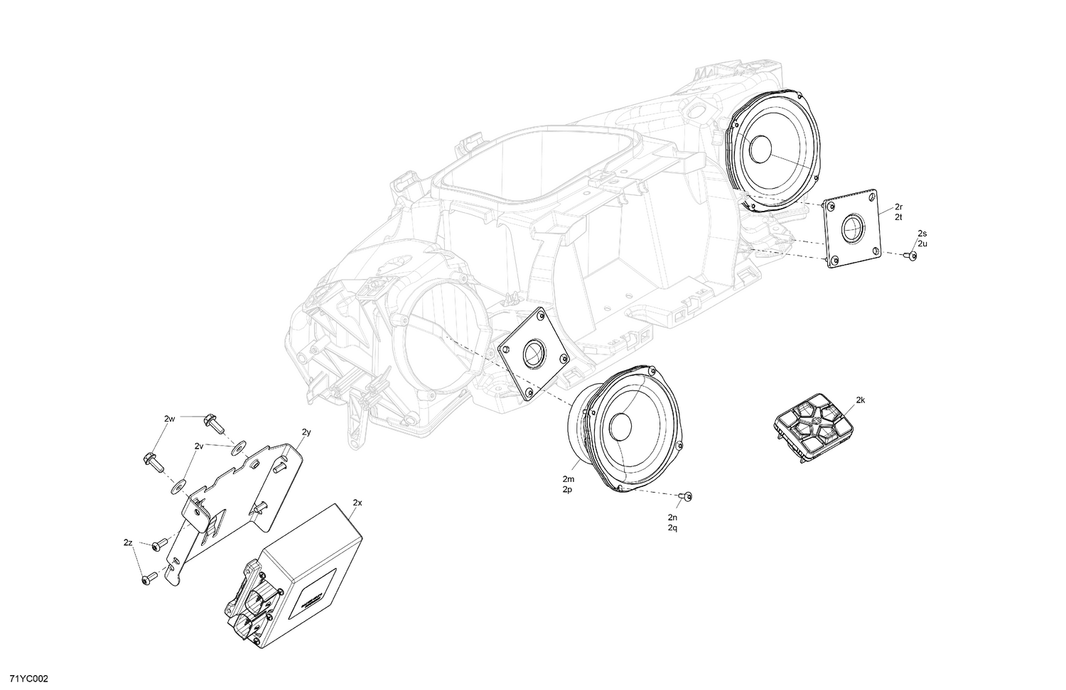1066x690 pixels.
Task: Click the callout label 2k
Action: click(860, 400)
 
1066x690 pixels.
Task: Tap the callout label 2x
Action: click(357, 503)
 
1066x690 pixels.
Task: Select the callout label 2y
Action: click(306, 432)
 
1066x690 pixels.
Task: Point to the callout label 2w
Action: click(169, 419)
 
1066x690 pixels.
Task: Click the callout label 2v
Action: click(199, 447)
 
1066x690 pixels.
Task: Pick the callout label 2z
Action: click(128, 543)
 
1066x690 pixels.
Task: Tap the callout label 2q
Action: click(672, 528)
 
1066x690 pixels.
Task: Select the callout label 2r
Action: click(898, 207)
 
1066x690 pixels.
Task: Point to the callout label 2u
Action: click(922, 243)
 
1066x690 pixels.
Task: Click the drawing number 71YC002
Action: click(24, 679)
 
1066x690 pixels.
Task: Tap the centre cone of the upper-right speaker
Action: click(759, 150)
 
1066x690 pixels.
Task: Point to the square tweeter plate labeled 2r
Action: click(851, 229)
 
